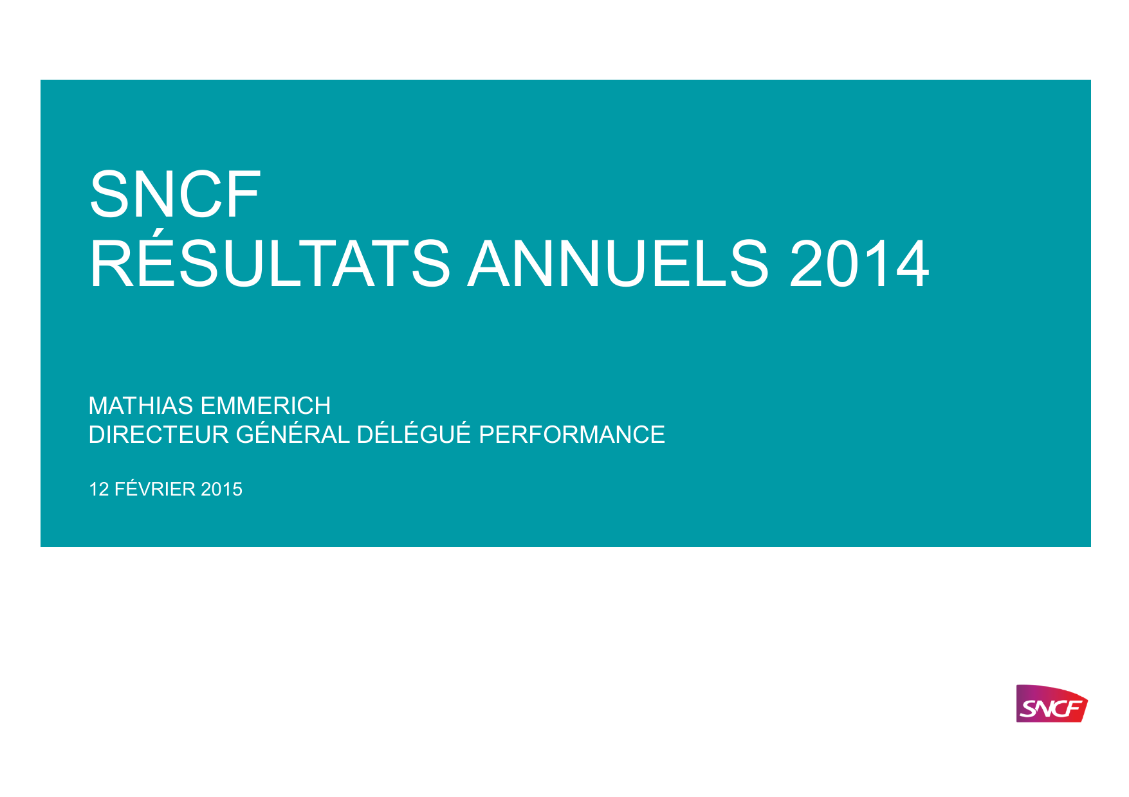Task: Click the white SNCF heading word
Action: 175,194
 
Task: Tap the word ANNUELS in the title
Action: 618,264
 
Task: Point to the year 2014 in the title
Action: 859,264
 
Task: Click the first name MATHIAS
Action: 141,406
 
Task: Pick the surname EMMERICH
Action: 266,406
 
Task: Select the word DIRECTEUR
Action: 159,435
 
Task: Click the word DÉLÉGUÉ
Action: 414,434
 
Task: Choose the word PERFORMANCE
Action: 572,435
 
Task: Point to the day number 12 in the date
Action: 99,490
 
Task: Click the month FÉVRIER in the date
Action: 155,488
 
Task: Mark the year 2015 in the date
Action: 222,490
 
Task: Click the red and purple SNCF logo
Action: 1051,704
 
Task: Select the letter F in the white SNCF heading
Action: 243,194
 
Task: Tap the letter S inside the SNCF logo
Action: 1027,709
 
